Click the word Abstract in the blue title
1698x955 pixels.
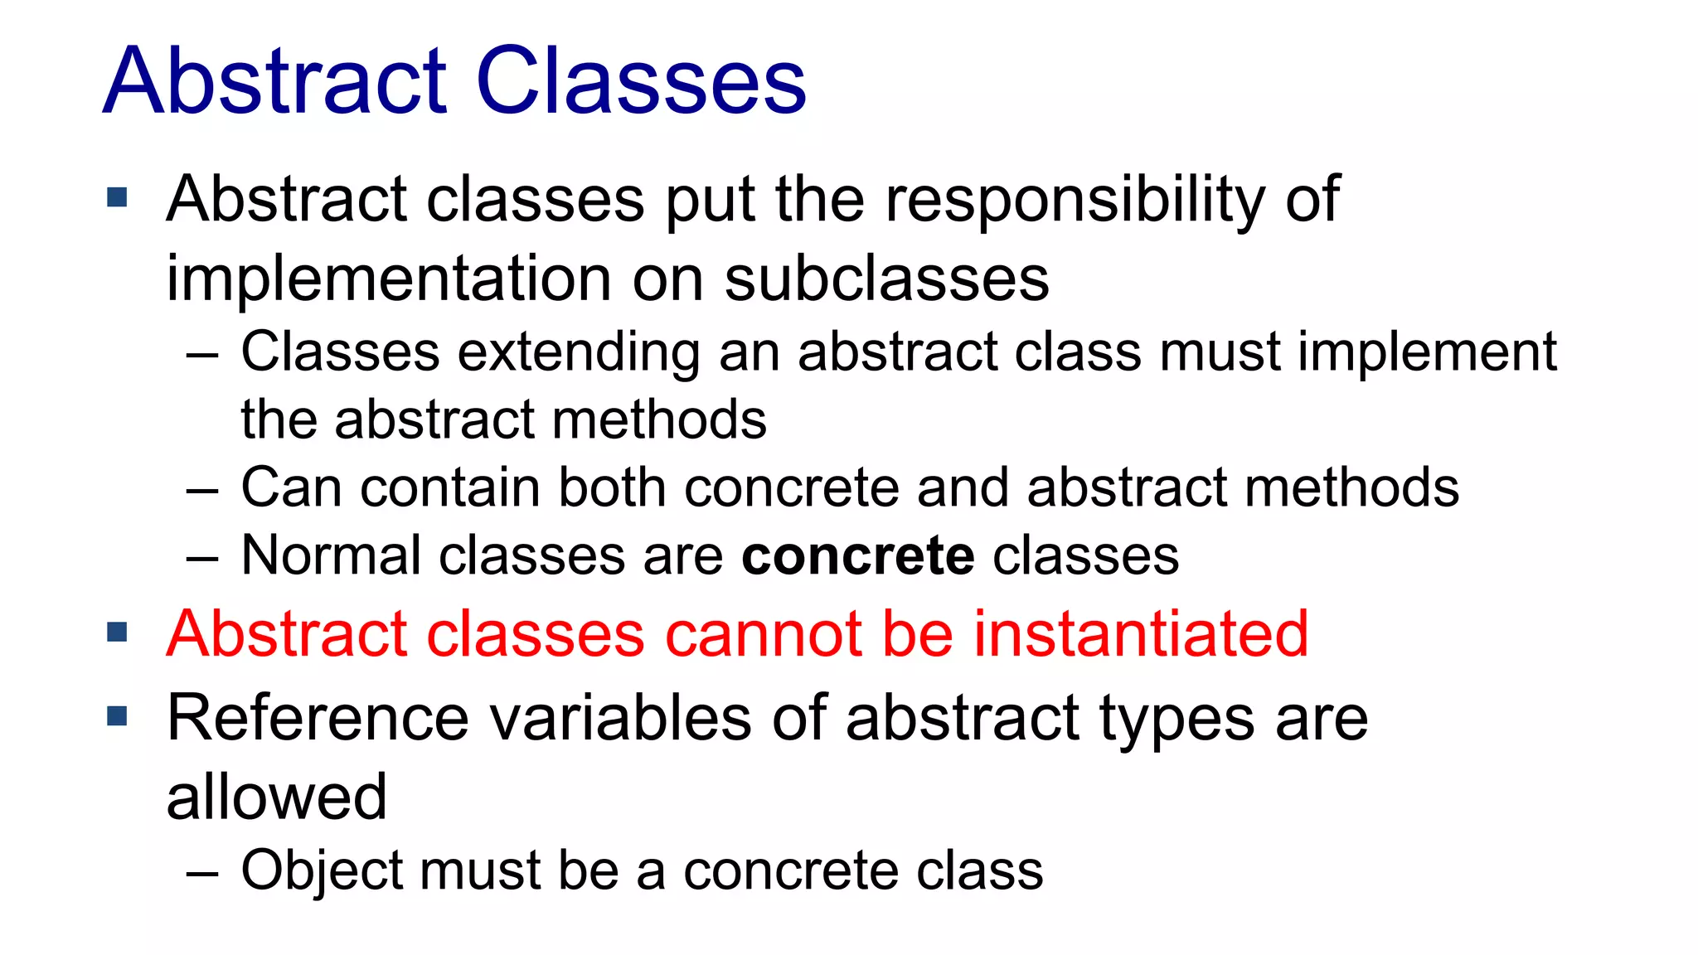tap(275, 81)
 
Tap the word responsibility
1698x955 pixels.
tap(1075, 201)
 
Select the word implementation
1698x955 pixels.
tap(389, 279)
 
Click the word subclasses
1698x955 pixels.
tap(886, 279)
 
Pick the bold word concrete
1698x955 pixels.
tap(857, 555)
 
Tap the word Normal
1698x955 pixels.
tap(330, 555)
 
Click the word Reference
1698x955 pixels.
tap(318, 718)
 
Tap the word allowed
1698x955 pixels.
tap(276, 797)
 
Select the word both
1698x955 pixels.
tap(612, 487)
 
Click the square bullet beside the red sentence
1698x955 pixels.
tap(118, 633)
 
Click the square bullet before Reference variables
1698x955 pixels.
tap(118, 715)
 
